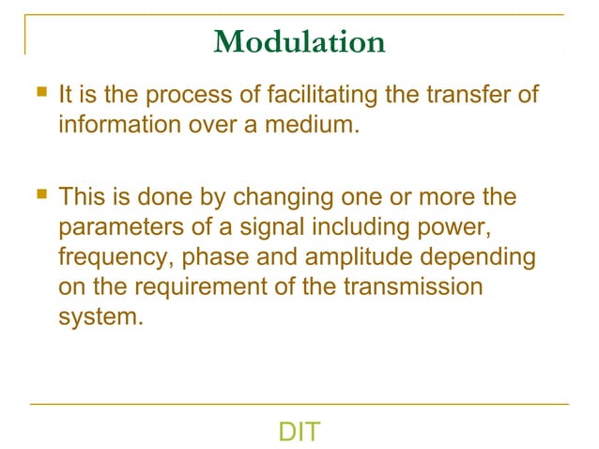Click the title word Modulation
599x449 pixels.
click(299, 42)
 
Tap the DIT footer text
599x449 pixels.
click(299, 433)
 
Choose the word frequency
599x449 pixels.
click(113, 257)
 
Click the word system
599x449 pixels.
click(100, 316)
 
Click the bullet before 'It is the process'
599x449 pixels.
click(38, 94)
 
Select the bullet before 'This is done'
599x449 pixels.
click(38, 197)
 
